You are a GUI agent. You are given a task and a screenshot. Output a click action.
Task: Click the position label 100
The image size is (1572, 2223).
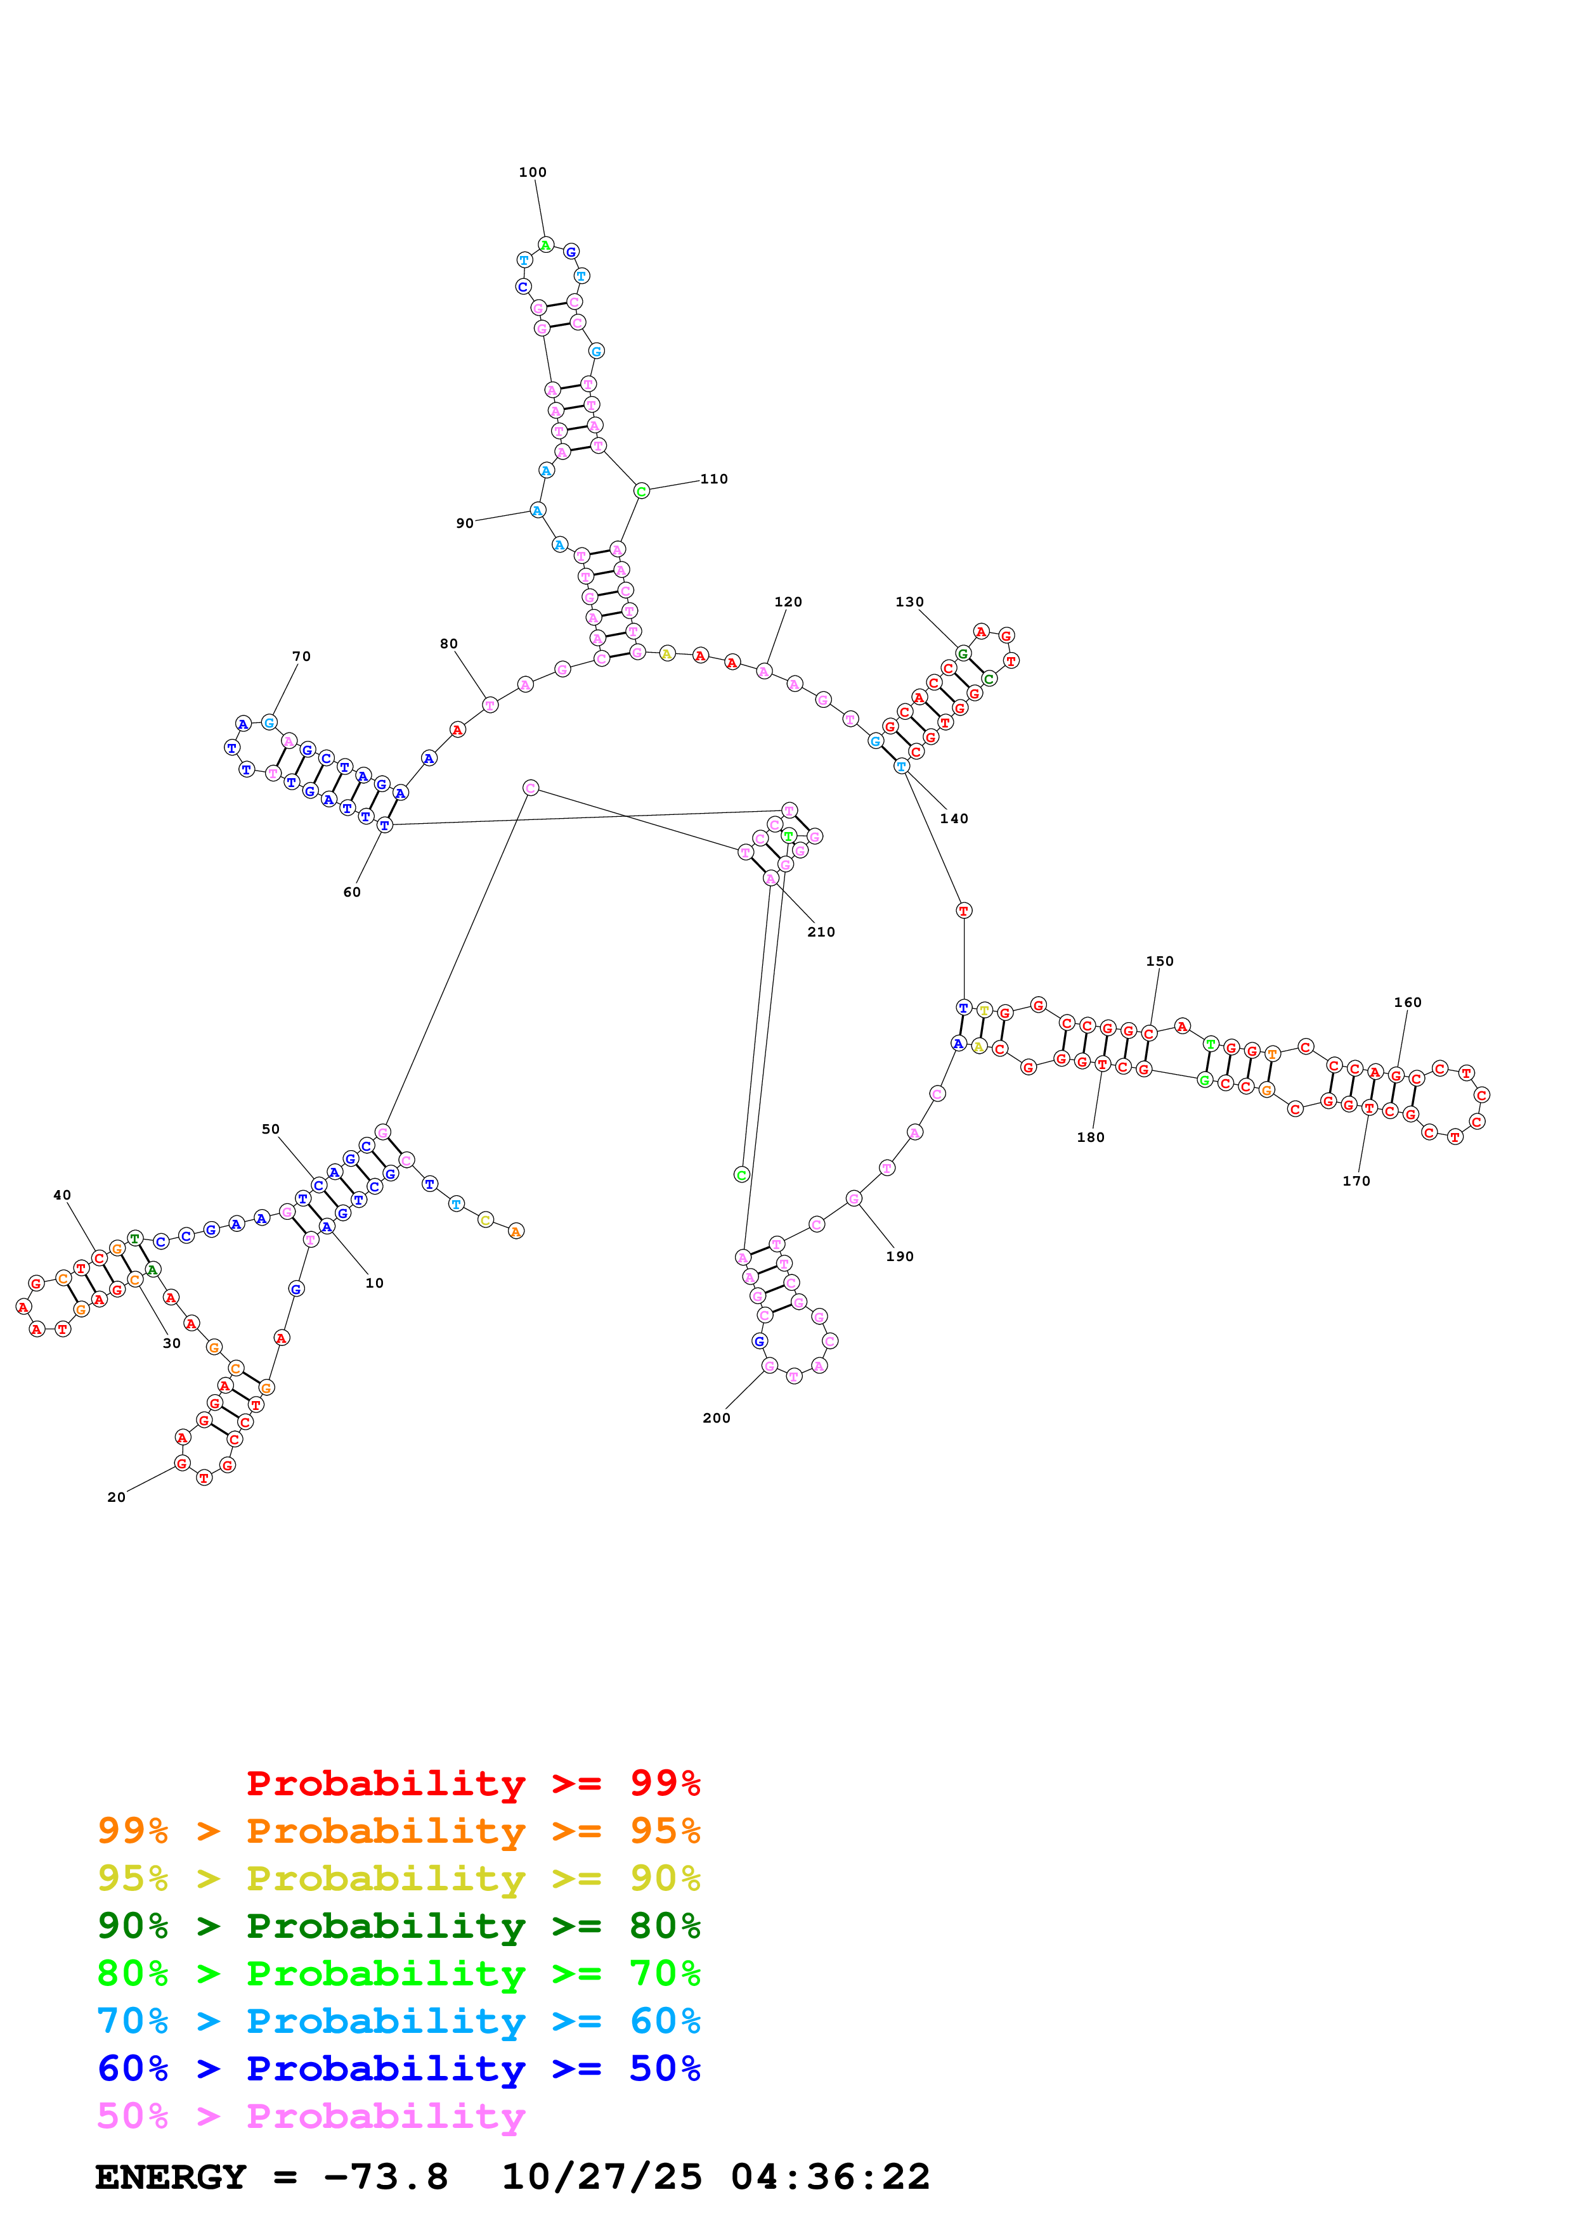coord(533,172)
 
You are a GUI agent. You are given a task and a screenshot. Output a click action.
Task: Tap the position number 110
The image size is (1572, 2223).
coord(714,479)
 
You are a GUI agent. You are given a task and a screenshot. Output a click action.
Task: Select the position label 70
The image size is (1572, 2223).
coord(301,657)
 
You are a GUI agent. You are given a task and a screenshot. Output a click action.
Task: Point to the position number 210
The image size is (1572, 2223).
coord(821,932)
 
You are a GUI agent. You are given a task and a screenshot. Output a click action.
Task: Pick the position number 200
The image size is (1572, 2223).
coord(716,1418)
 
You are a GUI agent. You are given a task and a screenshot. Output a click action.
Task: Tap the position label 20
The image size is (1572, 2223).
coord(116,1498)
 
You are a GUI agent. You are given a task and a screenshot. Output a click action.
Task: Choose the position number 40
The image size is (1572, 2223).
coord(62,1196)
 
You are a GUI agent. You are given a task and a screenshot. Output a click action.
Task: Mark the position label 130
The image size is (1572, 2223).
coord(909,602)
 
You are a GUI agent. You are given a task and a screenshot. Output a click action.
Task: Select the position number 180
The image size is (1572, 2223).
coord(1091,1137)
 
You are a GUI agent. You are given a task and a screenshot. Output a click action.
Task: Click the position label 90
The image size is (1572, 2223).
coord(465,524)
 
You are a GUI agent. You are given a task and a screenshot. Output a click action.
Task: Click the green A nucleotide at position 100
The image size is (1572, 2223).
coord(545,245)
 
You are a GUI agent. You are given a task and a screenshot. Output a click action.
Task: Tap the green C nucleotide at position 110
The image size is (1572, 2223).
coord(641,492)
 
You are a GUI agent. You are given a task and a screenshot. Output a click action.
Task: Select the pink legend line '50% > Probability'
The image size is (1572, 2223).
coord(311,2117)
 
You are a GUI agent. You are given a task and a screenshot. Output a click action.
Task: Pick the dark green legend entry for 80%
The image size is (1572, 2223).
coord(398,1926)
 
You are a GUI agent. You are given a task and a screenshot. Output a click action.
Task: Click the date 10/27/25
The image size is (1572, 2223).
coord(602,2177)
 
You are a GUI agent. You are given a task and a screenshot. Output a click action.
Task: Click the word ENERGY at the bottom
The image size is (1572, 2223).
coord(171,2177)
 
